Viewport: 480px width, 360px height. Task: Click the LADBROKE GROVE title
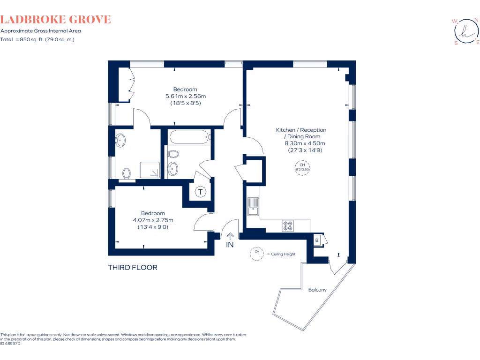tap(56, 20)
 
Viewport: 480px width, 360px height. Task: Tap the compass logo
tap(465, 32)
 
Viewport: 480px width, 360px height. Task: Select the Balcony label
tap(317, 290)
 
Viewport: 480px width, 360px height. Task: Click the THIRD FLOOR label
tap(133, 268)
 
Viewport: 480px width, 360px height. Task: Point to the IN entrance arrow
tap(230, 237)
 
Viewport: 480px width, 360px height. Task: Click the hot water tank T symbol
tap(201, 192)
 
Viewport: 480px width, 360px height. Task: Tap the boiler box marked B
tap(317, 240)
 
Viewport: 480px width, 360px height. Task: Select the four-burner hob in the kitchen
tap(288, 226)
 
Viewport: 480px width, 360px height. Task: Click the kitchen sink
tap(253, 207)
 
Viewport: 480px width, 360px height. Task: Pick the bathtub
tap(189, 137)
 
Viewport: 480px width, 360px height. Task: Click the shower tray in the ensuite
tap(150, 170)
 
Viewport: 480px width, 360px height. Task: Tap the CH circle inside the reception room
tap(302, 167)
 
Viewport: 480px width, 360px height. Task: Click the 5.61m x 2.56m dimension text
tap(186, 96)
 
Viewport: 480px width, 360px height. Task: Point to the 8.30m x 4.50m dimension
tap(305, 143)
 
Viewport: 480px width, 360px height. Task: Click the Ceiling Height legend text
tap(283, 254)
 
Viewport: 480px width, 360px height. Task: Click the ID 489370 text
tap(10, 343)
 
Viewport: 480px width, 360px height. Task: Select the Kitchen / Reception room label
tap(301, 130)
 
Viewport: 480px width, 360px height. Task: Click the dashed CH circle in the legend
tap(257, 254)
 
